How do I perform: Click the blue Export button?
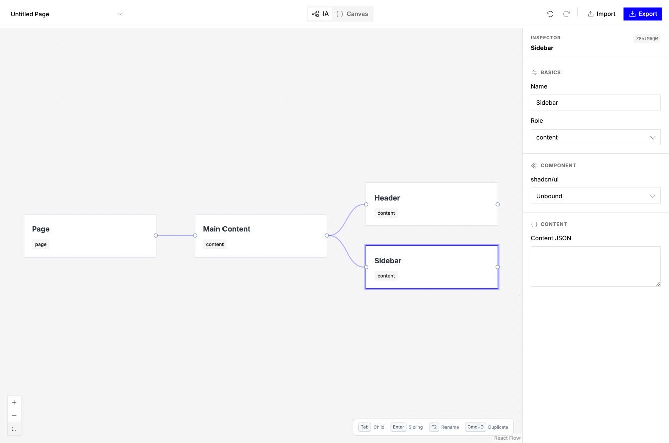643,14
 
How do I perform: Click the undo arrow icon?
550,14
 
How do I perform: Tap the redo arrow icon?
566,14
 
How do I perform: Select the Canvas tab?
352,14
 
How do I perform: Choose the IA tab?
320,14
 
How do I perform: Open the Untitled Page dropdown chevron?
120,14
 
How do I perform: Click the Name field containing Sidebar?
596,102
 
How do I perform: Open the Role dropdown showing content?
596,137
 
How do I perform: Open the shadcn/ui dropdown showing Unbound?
596,196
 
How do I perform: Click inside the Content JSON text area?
596,266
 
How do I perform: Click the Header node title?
387,198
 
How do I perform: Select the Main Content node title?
227,229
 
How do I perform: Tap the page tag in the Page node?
41,244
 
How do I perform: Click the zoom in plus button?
14,402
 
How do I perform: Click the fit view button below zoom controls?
14,429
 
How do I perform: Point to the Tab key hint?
364,427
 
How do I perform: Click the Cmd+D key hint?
475,427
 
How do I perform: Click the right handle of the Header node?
497,204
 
